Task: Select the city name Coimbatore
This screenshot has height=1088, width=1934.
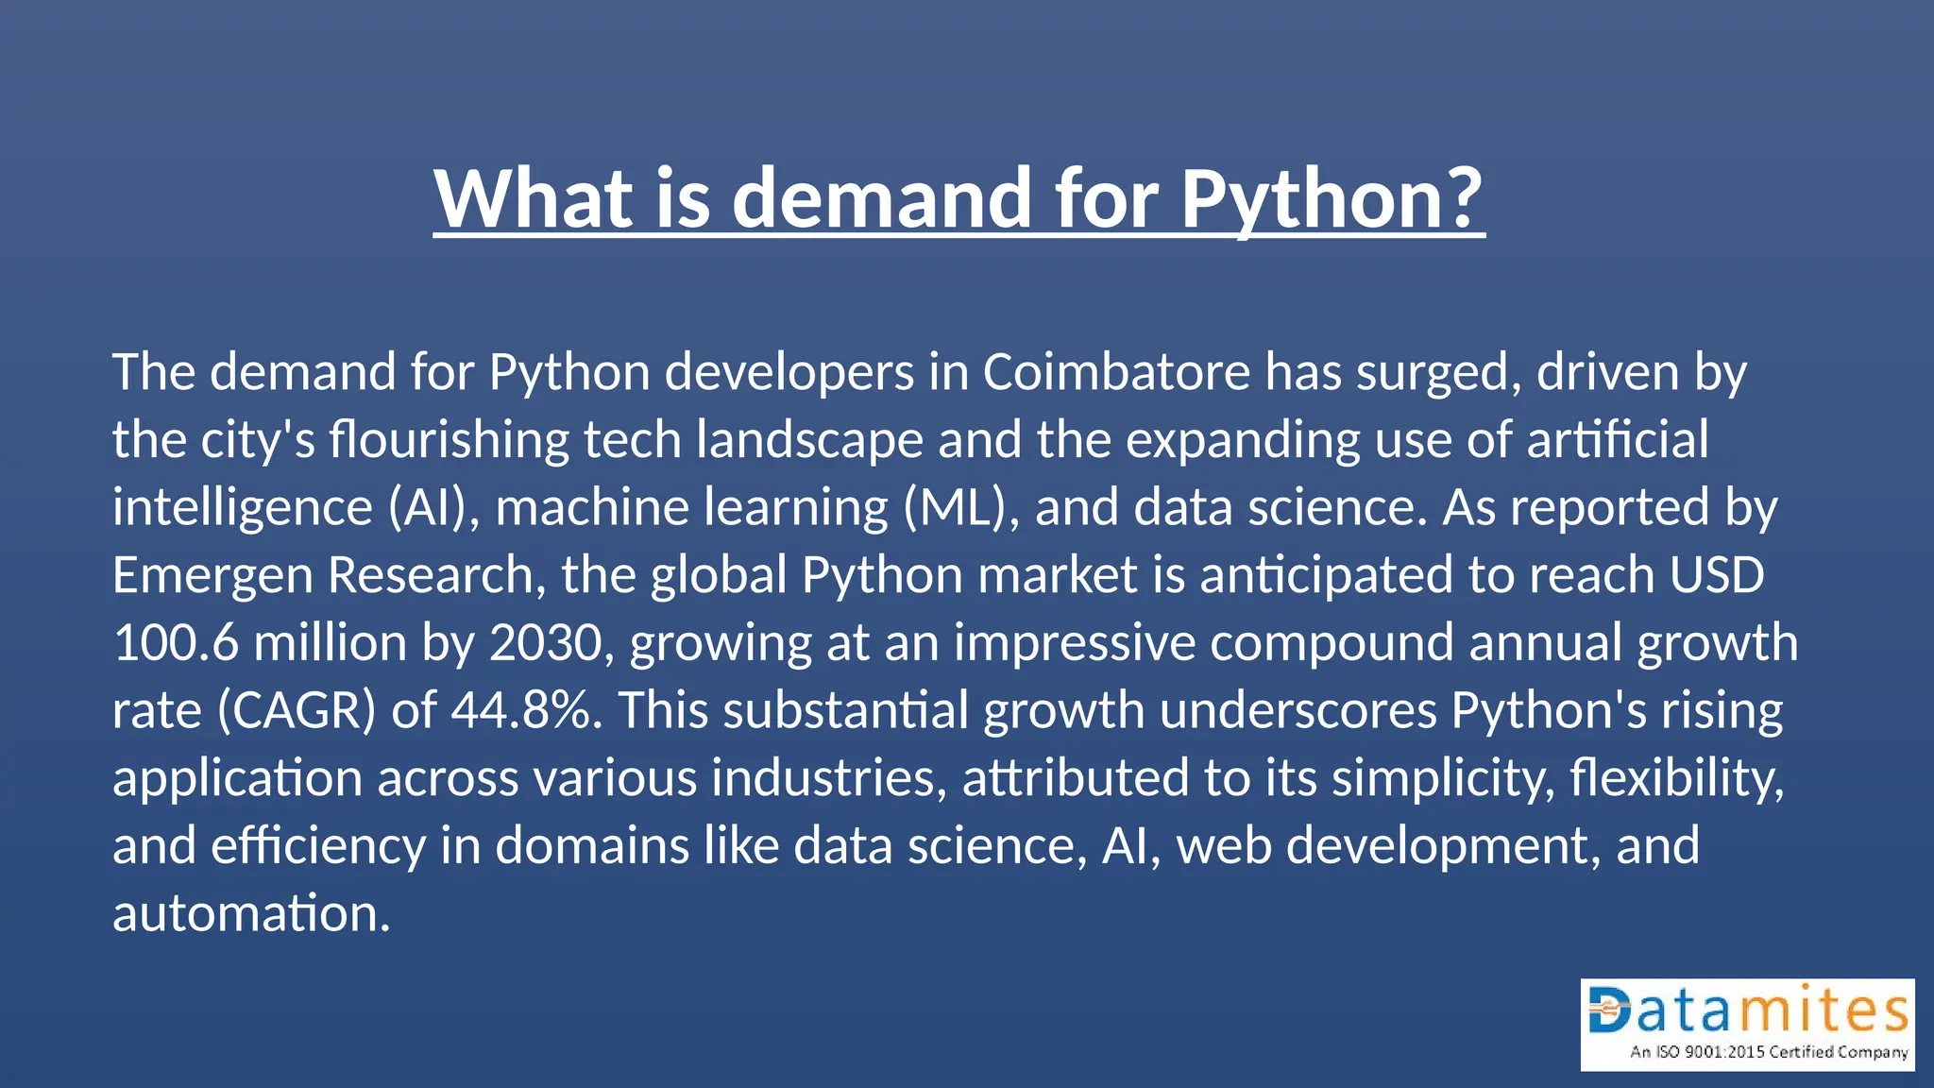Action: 1116,372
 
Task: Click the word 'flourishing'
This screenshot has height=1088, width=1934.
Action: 449,440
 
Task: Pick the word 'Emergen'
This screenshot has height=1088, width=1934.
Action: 212,575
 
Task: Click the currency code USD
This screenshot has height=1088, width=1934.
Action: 1716,575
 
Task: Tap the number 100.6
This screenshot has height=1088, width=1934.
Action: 176,643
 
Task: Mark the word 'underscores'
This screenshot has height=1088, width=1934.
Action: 1298,710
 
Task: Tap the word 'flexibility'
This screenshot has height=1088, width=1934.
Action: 1676,778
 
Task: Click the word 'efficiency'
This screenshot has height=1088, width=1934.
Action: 318,845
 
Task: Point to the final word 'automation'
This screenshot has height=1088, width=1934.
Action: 250,913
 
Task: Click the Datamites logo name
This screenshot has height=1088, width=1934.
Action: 1748,1011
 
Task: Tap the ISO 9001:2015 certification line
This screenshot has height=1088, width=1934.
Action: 1769,1052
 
